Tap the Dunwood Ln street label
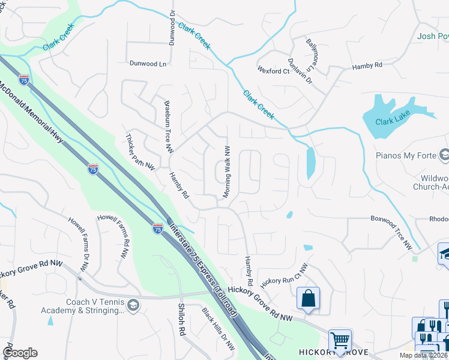[x=148, y=62]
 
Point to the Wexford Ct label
[x=273, y=71]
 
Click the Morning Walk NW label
[x=228, y=172]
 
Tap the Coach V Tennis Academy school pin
[x=133, y=306]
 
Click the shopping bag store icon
[x=308, y=298]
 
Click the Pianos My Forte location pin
[x=443, y=155]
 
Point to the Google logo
[x=20, y=353]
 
